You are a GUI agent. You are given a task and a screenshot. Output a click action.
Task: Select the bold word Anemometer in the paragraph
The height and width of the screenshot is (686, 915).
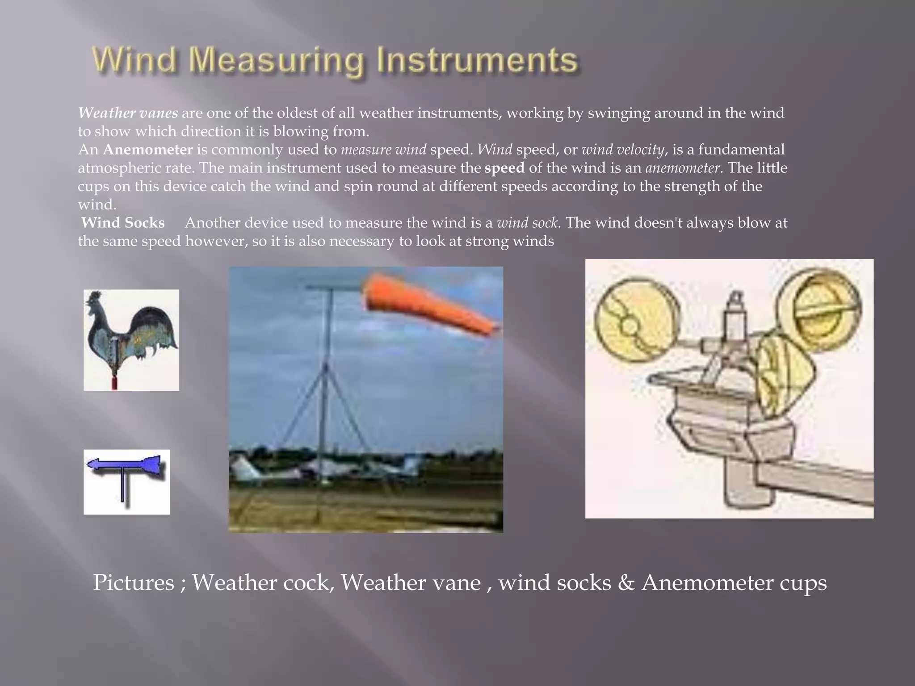(148, 150)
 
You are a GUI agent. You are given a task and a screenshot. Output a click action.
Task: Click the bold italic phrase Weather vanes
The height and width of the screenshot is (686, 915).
(128, 113)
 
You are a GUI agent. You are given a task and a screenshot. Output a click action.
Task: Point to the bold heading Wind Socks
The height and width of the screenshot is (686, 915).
(123, 223)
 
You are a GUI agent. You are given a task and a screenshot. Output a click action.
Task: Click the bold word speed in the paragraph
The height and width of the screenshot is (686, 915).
(504, 168)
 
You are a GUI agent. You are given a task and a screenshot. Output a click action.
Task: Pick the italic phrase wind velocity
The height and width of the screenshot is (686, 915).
(623, 150)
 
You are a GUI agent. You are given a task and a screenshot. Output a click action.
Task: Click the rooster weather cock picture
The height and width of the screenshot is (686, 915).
(131, 339)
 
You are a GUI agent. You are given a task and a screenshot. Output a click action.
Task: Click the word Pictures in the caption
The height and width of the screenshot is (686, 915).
(133, 583)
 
